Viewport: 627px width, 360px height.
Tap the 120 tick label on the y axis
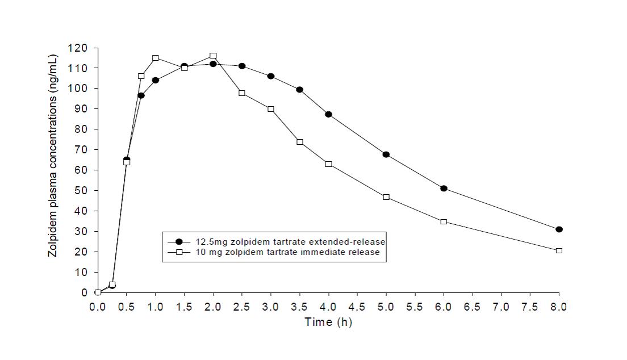[80, 48]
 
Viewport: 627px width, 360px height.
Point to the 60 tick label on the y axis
[82, 170]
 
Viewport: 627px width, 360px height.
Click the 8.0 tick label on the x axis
[559, 307]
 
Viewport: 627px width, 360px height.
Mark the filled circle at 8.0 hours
[559, 229]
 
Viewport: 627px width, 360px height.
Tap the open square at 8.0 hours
[559, 250]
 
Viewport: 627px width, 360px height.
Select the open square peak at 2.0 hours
[213, 56]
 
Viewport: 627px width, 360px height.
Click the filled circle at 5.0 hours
[386, 154]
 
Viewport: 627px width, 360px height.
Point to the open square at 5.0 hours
[386, 197]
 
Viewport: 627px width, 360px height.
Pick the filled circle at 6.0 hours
[444, 189]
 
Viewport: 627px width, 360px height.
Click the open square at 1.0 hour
[155, 58]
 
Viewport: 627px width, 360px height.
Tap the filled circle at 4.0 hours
[328, 114]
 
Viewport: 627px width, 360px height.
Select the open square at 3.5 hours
[299, 142]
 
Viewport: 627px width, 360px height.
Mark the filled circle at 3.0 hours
[270, 76]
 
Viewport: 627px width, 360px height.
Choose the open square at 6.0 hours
[444, 221]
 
